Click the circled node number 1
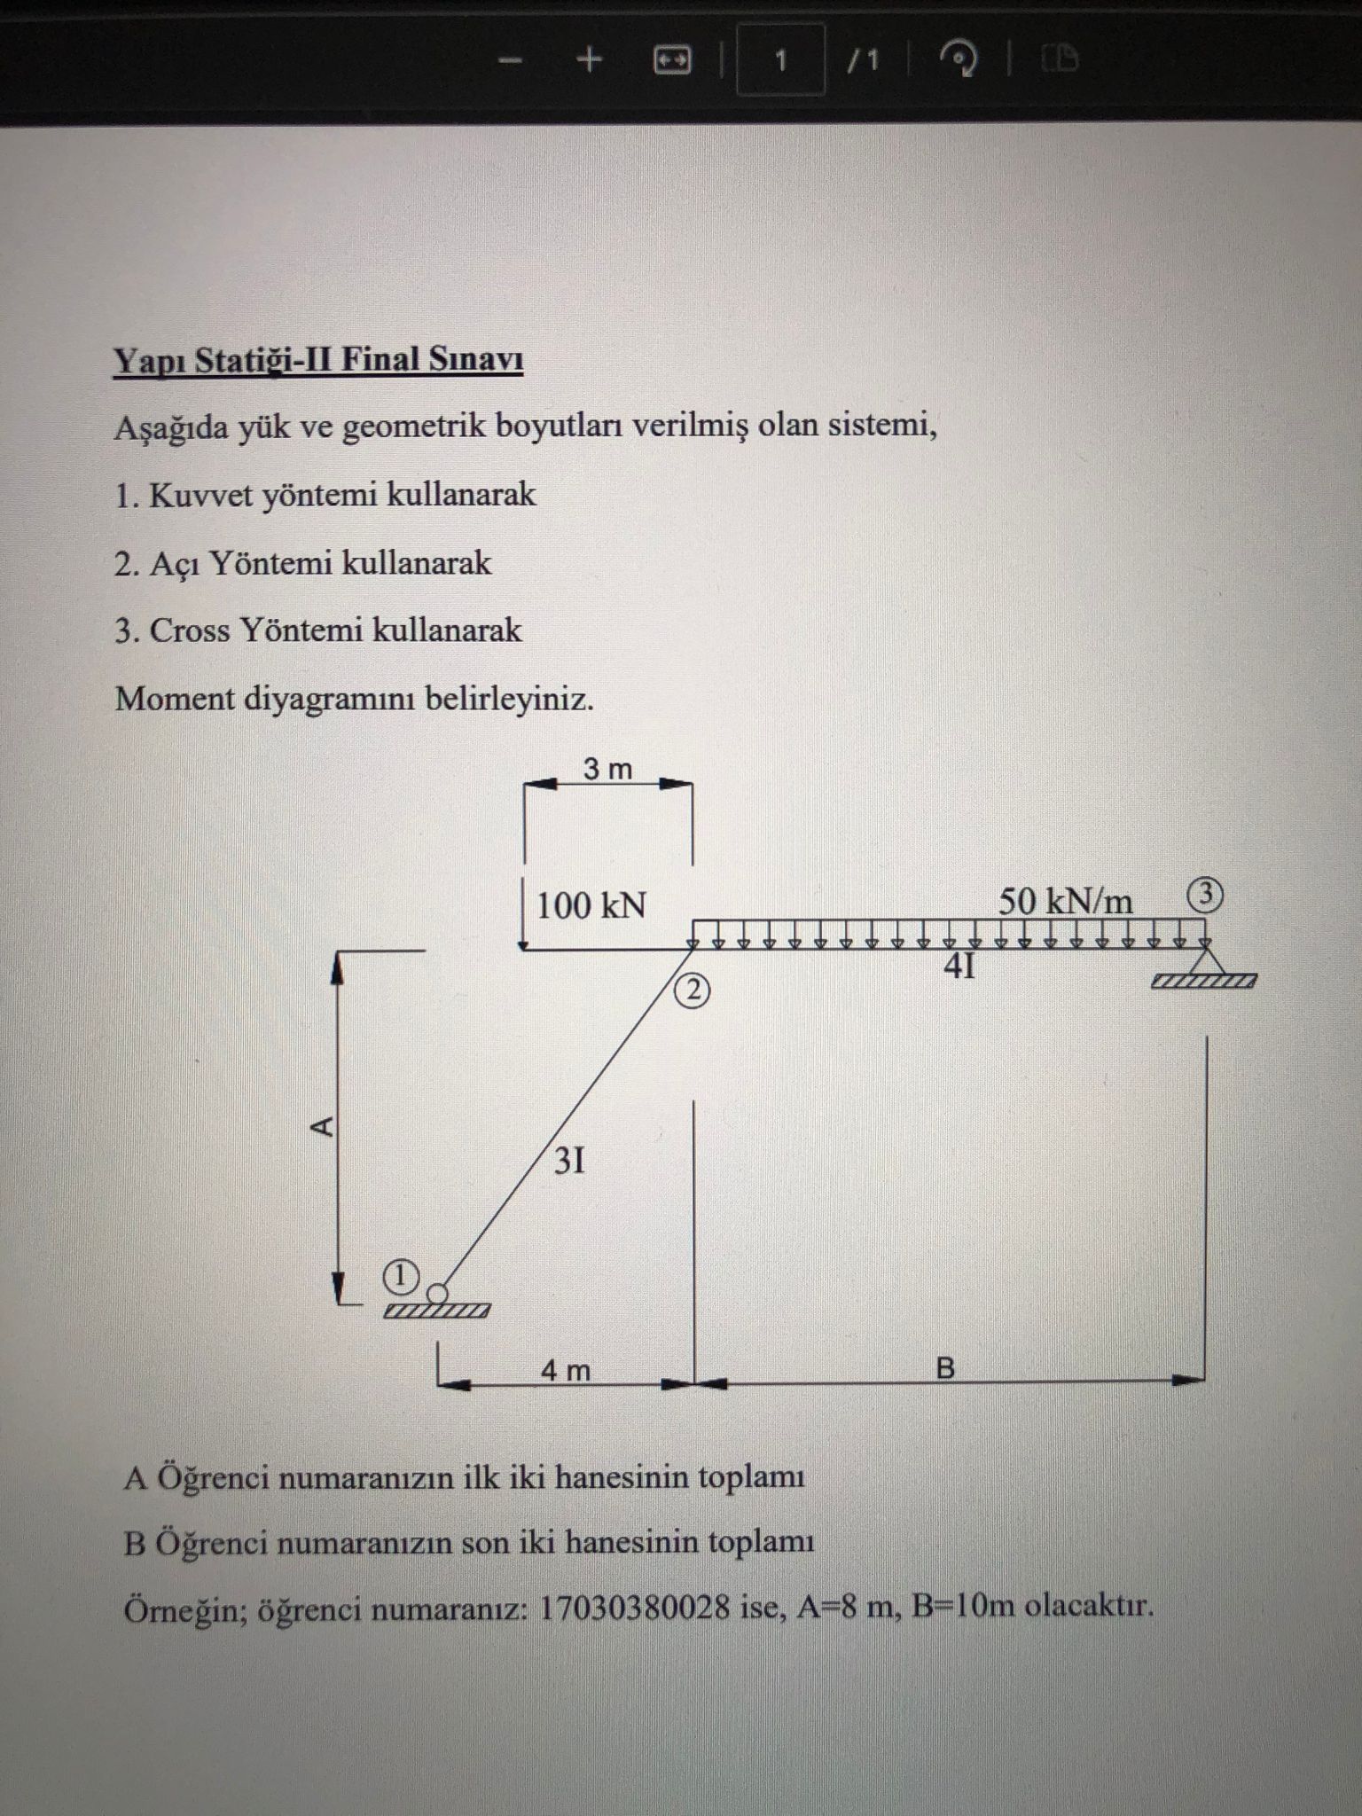(400, 1278)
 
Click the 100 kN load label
(591, 906)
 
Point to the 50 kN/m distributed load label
(1065, 902)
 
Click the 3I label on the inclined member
(569, 1161)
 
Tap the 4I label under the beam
(959, 967)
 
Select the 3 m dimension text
(607, 770)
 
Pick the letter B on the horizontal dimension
(945, 1369)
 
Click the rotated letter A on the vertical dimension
(323, 1126)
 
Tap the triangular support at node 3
(1203, 961)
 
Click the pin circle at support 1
(438, 1293)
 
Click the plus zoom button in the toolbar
(590, 59)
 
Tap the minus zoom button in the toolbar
(510, 59)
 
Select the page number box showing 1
(780, 60)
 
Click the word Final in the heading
(381, 360)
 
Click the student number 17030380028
(634, 1607)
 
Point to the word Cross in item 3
(191, 630)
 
